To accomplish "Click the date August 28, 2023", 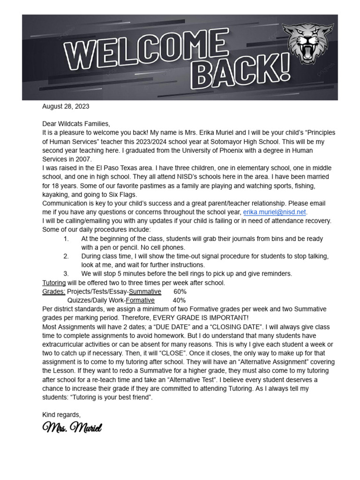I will [x=66, y=106].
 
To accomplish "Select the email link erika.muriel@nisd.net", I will [x=274, y=212].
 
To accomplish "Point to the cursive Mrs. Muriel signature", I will [x=72, y=427].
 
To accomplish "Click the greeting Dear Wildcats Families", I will [x=76, y=124].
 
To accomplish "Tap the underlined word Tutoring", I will [x=54, y=283].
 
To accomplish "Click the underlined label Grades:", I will [x=53, y=292].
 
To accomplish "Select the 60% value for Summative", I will [x=180, y=292].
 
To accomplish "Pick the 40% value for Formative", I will [x=179, y=300].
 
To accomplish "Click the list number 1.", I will [x=66, y=239].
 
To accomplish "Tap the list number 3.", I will [x=66, y=274].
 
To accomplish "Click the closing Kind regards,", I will [x=61, y=415].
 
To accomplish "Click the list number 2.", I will [x=66, y=256].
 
